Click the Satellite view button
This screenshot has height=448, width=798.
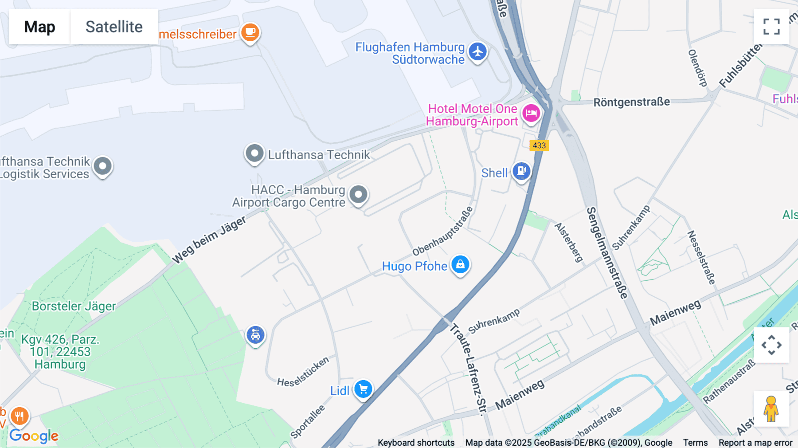click(x=114, y=27)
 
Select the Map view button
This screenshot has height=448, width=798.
click(x=39, y=27)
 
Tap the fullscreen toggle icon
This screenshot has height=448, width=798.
click(x=771, y=27)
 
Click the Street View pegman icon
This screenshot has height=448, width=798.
click(x=771, y=409)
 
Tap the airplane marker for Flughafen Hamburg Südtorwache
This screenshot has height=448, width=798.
click(x=477, y=52)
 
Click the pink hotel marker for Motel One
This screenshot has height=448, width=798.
click(x=531, y=113)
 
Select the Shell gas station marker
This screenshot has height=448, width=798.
click(x=521, y=171)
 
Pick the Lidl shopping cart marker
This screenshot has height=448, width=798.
click(x=363, y=389)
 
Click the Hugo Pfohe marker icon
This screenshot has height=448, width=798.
click(x=460, y=265)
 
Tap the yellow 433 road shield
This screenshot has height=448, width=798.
click(x=539, y=145)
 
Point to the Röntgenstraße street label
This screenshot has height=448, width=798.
click(x=631, y=102)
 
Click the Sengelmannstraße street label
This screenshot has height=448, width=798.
click(x=607, y=253)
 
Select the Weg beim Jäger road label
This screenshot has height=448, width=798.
click(x=209, y=240)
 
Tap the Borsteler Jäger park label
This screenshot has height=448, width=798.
click(x=74, y=306)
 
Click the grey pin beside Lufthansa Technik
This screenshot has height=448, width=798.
click(x=254, y=153)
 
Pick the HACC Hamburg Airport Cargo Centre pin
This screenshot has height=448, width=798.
click(x=358, y=194)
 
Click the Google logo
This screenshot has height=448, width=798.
click(x=34, y=436)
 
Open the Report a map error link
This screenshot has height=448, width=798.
click(x=755, y=443)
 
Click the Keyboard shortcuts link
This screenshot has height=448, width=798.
click(x=416, y=443)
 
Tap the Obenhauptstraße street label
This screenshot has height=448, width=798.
click(x=442, y=232)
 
